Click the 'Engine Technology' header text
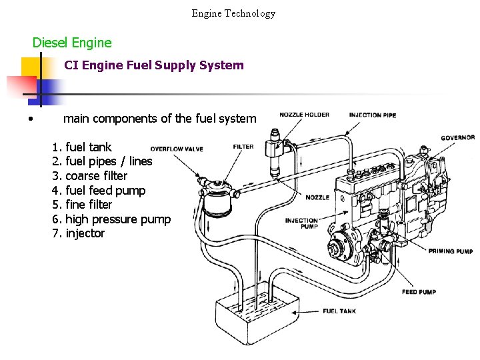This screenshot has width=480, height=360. click(x=233, y=13)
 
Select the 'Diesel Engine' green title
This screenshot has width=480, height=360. click(x=72, y=43)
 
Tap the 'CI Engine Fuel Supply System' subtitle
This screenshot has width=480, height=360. click(x=154, y=65)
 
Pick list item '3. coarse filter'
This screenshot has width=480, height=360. click(x=89, y=176)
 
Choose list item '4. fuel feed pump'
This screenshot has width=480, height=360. click(x=98, y=191)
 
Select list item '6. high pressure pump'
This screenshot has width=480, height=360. click(x=111, y=219)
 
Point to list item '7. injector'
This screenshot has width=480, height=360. click(x=78, y=233)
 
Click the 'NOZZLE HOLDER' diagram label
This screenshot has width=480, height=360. click(x=304, y=115)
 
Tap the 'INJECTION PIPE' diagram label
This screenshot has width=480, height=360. click(x=372, y=115)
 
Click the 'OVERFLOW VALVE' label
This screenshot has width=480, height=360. click(x=177, y=149)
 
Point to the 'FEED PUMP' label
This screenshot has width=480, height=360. click(x=419, y=292)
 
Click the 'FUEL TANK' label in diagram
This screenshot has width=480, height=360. click(x=339, y=311)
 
